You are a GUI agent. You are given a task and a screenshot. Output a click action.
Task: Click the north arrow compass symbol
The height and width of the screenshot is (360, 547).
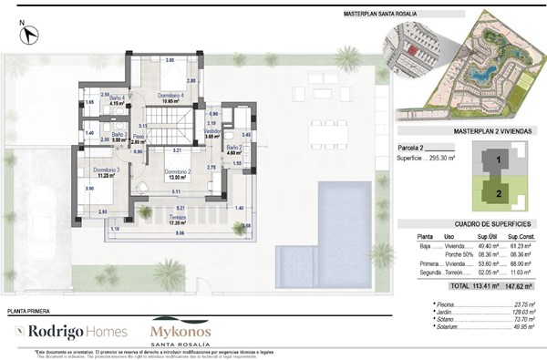pos(30,34)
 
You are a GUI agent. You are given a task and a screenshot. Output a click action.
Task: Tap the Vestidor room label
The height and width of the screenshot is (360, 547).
pos(212,132)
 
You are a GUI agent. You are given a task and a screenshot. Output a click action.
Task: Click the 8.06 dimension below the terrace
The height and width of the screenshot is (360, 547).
pos(179,234)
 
